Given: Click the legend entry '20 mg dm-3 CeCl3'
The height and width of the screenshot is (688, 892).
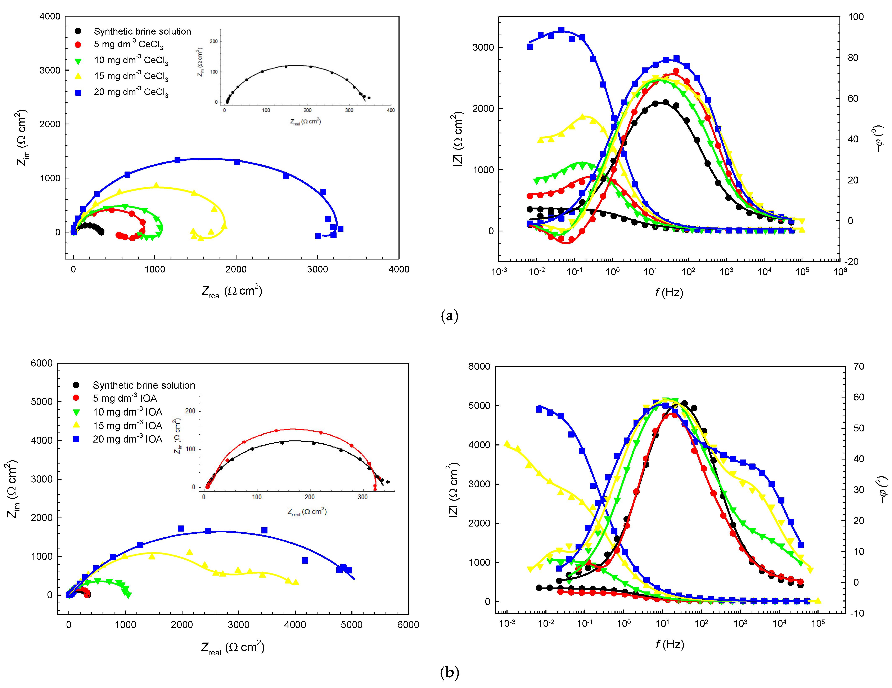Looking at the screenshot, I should coord(131,92).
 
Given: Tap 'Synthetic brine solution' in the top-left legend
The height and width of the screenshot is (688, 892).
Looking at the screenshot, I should coord(142,31).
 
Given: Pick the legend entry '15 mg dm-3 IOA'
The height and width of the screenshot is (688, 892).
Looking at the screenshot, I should coord(127,426).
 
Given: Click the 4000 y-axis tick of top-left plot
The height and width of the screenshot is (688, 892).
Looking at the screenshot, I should coord(50,16).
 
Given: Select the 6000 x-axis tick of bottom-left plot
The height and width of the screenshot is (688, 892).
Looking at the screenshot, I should coord(408,625).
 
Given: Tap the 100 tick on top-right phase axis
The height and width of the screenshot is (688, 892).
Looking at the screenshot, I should coord(856,17).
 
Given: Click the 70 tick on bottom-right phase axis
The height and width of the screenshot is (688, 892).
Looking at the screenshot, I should coord(859,366).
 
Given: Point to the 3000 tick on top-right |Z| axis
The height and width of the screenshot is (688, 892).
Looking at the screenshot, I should coord(483,47).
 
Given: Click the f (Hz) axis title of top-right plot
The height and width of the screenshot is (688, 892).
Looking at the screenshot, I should coord(669,292).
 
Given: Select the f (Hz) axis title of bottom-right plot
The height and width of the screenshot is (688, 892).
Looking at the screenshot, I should coord(670,644).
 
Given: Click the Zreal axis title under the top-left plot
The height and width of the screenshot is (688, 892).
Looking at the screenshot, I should coord(231,291).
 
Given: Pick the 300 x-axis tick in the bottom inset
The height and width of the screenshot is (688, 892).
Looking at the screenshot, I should coord(363,497).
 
